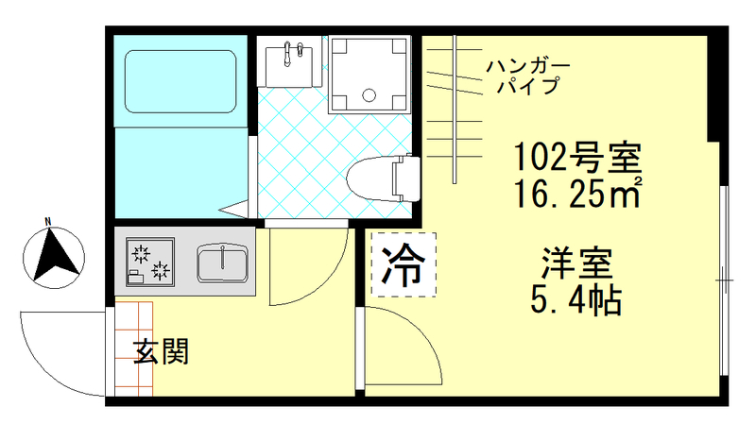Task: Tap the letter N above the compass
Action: [46, 223]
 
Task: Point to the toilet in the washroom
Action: [386, 178]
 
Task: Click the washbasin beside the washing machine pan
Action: [288, 63]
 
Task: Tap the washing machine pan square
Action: [370, 73]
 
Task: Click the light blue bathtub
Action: [180, 83]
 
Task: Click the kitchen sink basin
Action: [223, 262]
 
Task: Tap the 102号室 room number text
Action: [576, 154]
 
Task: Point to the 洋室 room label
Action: [577, 262]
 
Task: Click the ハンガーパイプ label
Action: [527, 76]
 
